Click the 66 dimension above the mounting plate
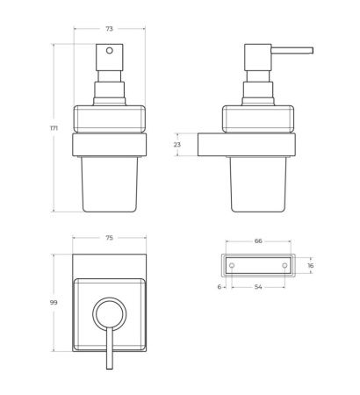(258, 240)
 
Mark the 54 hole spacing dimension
(258, 288)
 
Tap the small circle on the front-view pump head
(109, 52)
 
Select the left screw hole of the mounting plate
(232, 264)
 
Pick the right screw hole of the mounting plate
(284, 264)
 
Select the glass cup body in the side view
(258, 184)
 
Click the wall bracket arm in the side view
(211, 145)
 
